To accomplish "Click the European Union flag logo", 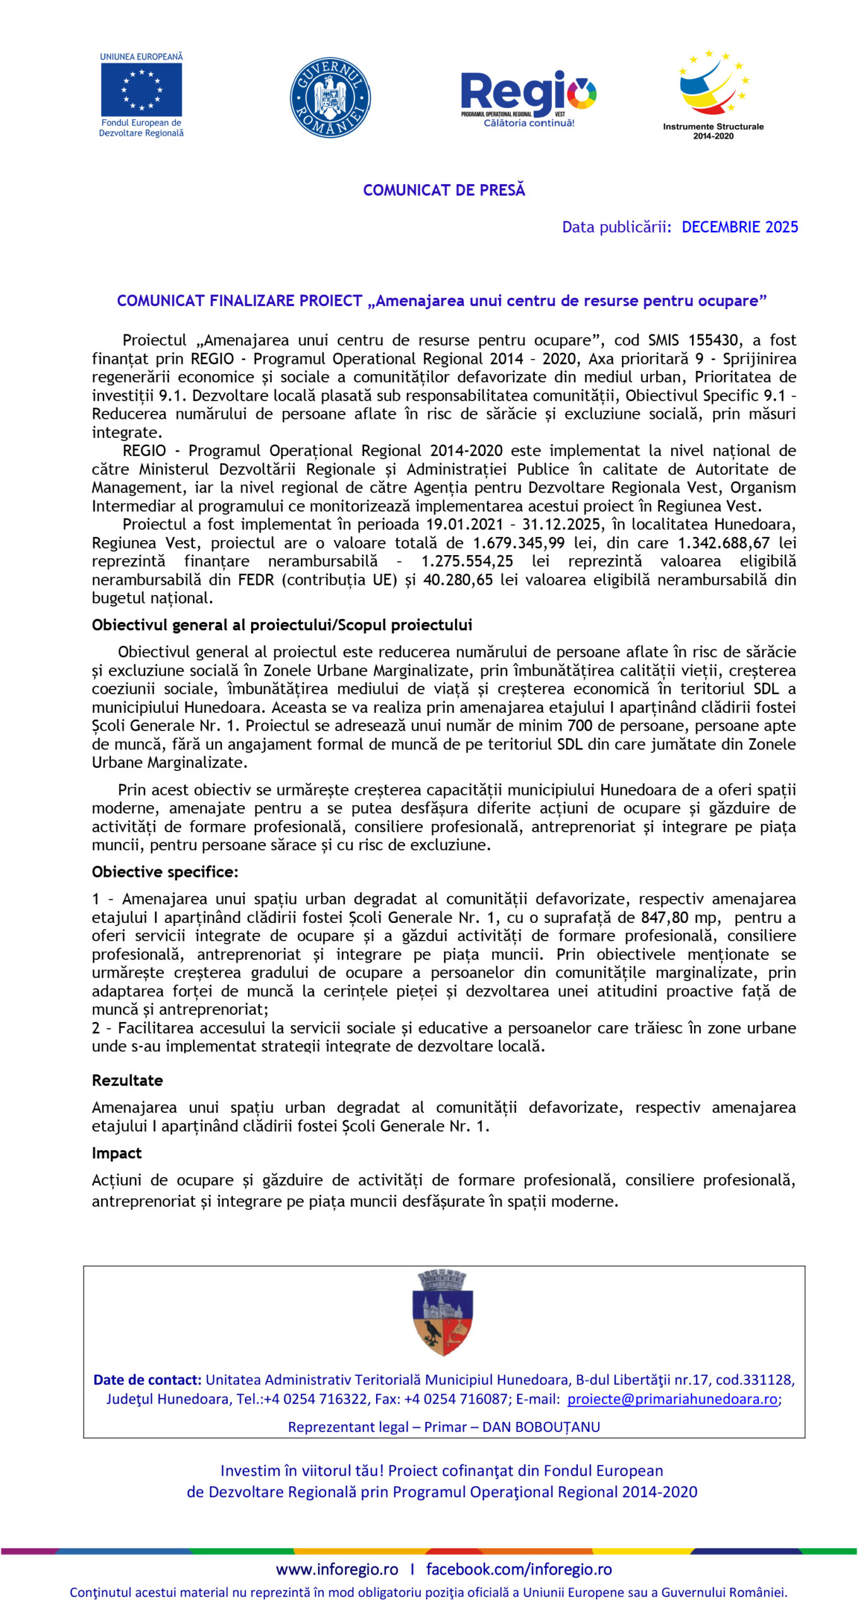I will pos(141,90).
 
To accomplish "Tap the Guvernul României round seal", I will pos(330,98).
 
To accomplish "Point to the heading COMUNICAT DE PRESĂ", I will pos(444,190).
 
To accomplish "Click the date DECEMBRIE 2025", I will pos(739,227).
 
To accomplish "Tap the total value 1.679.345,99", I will pos(519,543).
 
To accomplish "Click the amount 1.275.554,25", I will pos(467,561).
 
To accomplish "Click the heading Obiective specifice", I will pos(165,871).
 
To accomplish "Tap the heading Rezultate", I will pos(127,1080).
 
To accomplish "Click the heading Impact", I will pos(117,1153).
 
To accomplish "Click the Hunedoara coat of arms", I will pos(443,1313).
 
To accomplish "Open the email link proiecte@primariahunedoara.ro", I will pos(672,1399).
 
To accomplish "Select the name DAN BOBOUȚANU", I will pos(541,1427).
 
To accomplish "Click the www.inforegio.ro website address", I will pos(337,1569).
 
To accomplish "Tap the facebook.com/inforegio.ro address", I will pos(519,1569).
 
